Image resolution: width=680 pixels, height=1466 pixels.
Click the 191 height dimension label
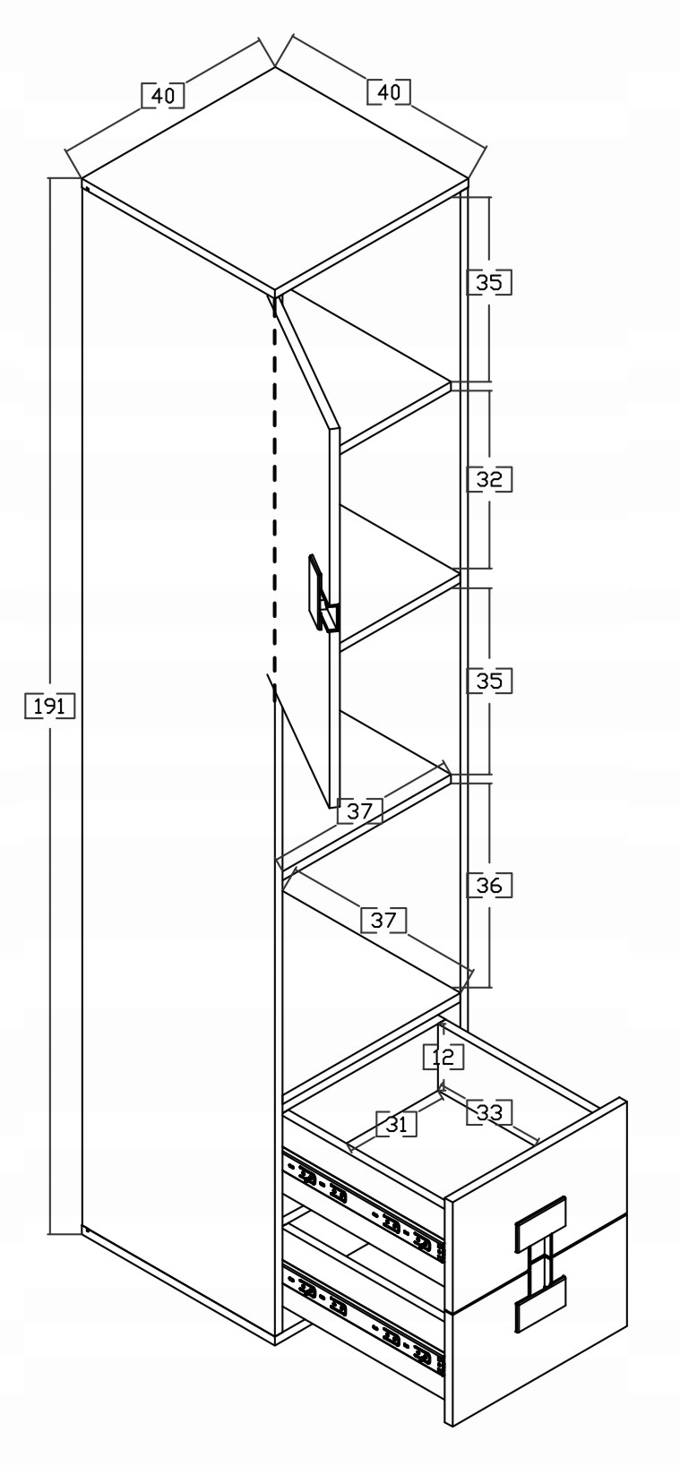point(50,707)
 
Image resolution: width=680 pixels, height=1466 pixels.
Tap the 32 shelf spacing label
point(489,479)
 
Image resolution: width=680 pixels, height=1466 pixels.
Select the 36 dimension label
point(489,886)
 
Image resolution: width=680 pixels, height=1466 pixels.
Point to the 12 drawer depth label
point(443,1057)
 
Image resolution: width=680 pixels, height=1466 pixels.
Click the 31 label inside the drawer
point(397,1124)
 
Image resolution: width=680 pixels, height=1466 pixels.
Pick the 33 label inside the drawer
point(489,1112)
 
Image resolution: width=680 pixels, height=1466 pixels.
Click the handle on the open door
point(321,596)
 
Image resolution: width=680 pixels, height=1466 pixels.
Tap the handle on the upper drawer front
point(539,1223)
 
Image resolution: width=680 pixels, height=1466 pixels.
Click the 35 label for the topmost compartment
point(489,283)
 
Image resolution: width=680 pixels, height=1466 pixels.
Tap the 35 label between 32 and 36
point(489,681)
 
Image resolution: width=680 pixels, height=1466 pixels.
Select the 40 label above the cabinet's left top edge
point(163,95)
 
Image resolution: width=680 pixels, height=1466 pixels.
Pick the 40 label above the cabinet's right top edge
point(388,91)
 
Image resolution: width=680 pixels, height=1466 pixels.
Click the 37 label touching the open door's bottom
point(359,811)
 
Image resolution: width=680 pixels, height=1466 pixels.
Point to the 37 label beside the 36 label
point(383,920)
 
